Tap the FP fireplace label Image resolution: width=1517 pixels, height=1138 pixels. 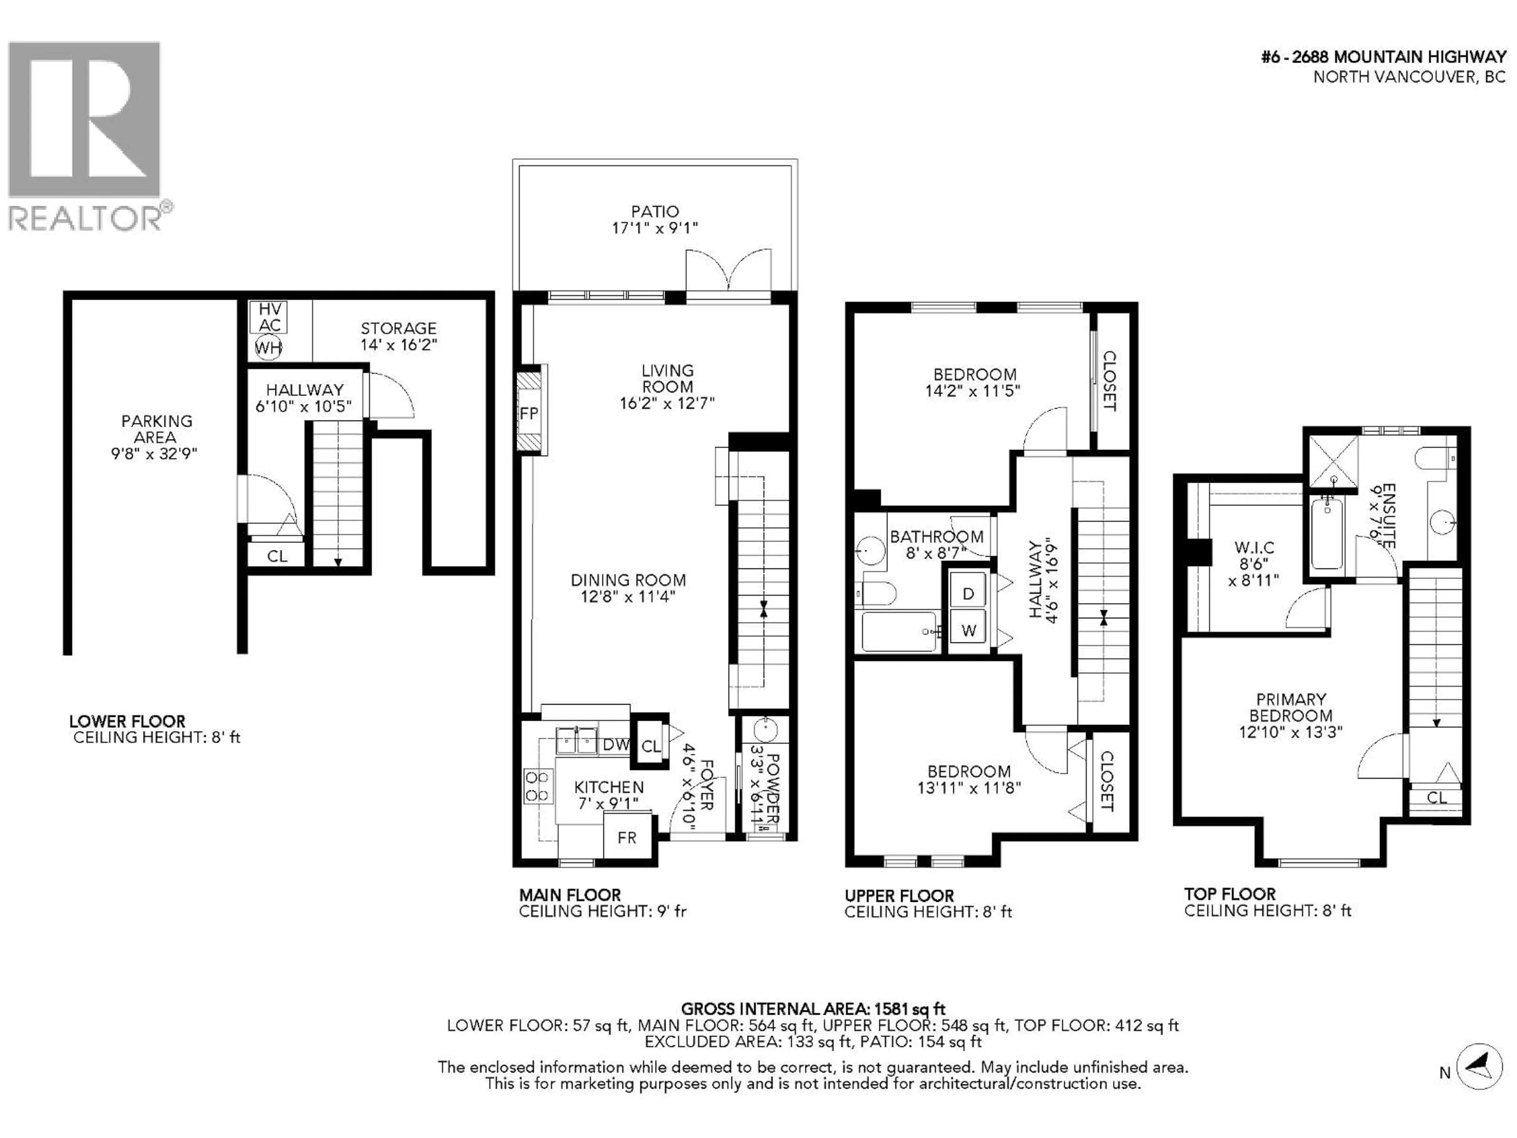pyautogui.click(x=529, y=413)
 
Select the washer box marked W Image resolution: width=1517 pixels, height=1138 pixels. pyautogui.click(x=968, y=630)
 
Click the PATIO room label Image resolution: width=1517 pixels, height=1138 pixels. pyautogui.click(x=655, y=211)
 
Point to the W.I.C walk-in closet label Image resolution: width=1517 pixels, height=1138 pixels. pyautogui.click(x=1254, y=547)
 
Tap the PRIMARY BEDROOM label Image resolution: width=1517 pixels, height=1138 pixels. pyautogui.click(x=1291, y=707)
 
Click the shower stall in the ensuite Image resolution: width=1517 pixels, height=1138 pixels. pyautogui.click(x=1333, y=456)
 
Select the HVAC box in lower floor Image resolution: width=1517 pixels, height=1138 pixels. pyautogui.click(x=269, y=317)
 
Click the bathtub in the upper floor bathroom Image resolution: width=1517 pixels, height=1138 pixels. pyautogui.click(x=898, y=631)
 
